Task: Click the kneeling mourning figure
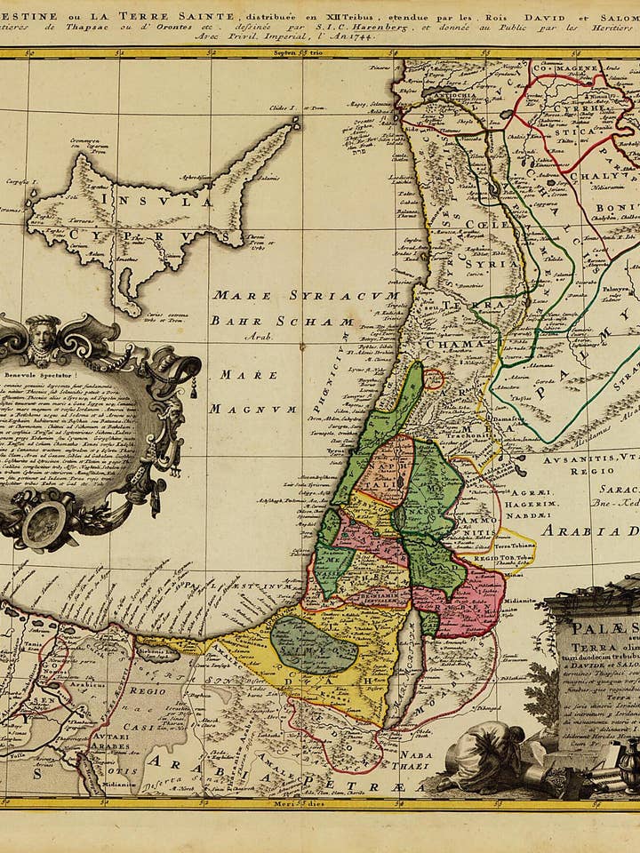point(484,755)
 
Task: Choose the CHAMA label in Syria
point(454,344)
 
